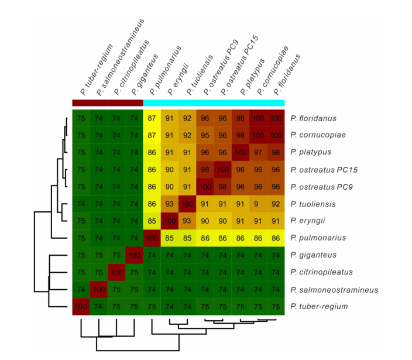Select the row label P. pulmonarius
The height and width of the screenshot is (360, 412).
(x=318, y=238)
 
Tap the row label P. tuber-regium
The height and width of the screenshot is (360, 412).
(x=319, y=306)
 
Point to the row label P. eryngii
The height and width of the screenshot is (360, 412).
(x=310, y=221)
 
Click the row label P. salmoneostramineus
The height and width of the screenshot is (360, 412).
(x=334, y=289)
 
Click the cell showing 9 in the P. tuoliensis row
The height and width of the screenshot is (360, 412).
(x=258, y=204)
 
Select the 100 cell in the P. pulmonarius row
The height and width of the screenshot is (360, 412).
(x=152, y=238)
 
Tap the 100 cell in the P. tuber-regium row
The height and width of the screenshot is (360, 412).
(x=81, y=306)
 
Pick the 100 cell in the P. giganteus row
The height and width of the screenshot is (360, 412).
(x=134, y=255)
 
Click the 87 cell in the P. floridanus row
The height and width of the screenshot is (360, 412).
(x=152, y=118)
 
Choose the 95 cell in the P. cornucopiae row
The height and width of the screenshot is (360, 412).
(x=205, y=135)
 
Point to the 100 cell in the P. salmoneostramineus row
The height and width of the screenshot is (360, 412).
(x=98, y=289)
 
